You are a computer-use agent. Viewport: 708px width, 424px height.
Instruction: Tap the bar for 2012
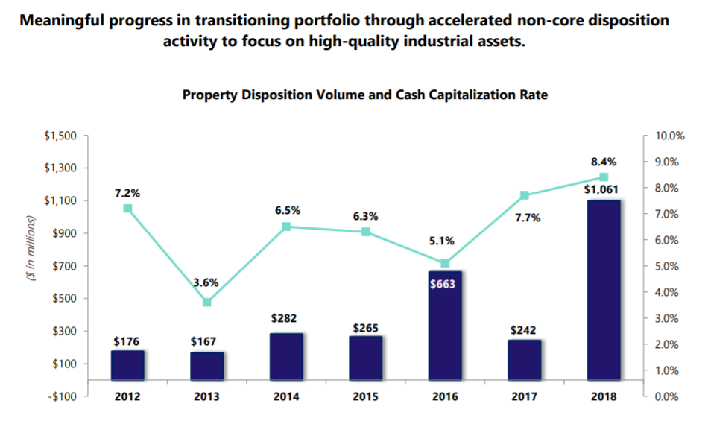[x=127, y=365]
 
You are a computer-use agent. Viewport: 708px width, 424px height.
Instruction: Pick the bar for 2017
[x=524, y=360]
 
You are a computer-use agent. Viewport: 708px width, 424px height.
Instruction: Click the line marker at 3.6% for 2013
[x=207, y=303]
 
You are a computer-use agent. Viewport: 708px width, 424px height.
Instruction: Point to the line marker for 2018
[x=604, y=177]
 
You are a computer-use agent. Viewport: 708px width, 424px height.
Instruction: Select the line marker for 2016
[x=445, y=263]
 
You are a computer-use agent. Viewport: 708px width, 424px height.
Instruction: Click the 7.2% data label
[x=127, y=193]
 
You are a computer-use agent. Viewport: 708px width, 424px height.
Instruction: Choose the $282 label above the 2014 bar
[x=286, y=318]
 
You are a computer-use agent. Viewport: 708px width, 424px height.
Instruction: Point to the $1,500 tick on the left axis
[x=61, y=136]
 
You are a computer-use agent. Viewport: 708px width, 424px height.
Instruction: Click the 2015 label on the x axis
[x=365, y=396]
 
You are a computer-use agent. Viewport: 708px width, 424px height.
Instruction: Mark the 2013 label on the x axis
[x=207, y=396]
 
